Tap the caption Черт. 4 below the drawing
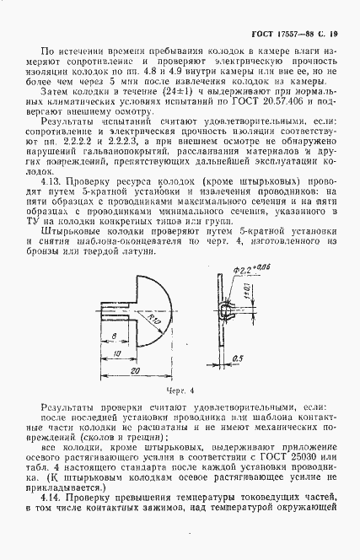click(179, 390)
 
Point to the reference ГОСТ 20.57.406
click(271, 105)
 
